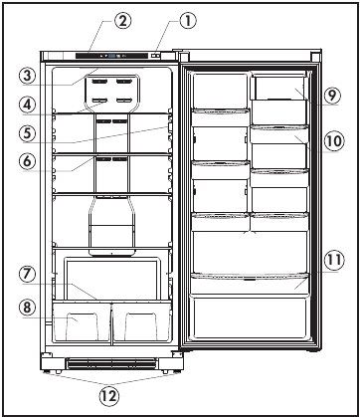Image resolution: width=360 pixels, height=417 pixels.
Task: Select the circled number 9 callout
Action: [332, 97]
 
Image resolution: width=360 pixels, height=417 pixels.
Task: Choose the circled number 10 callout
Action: [332, 139]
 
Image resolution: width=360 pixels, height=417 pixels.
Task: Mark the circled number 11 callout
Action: [332, 261]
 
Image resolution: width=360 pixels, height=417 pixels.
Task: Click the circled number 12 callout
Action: [109, 394]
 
